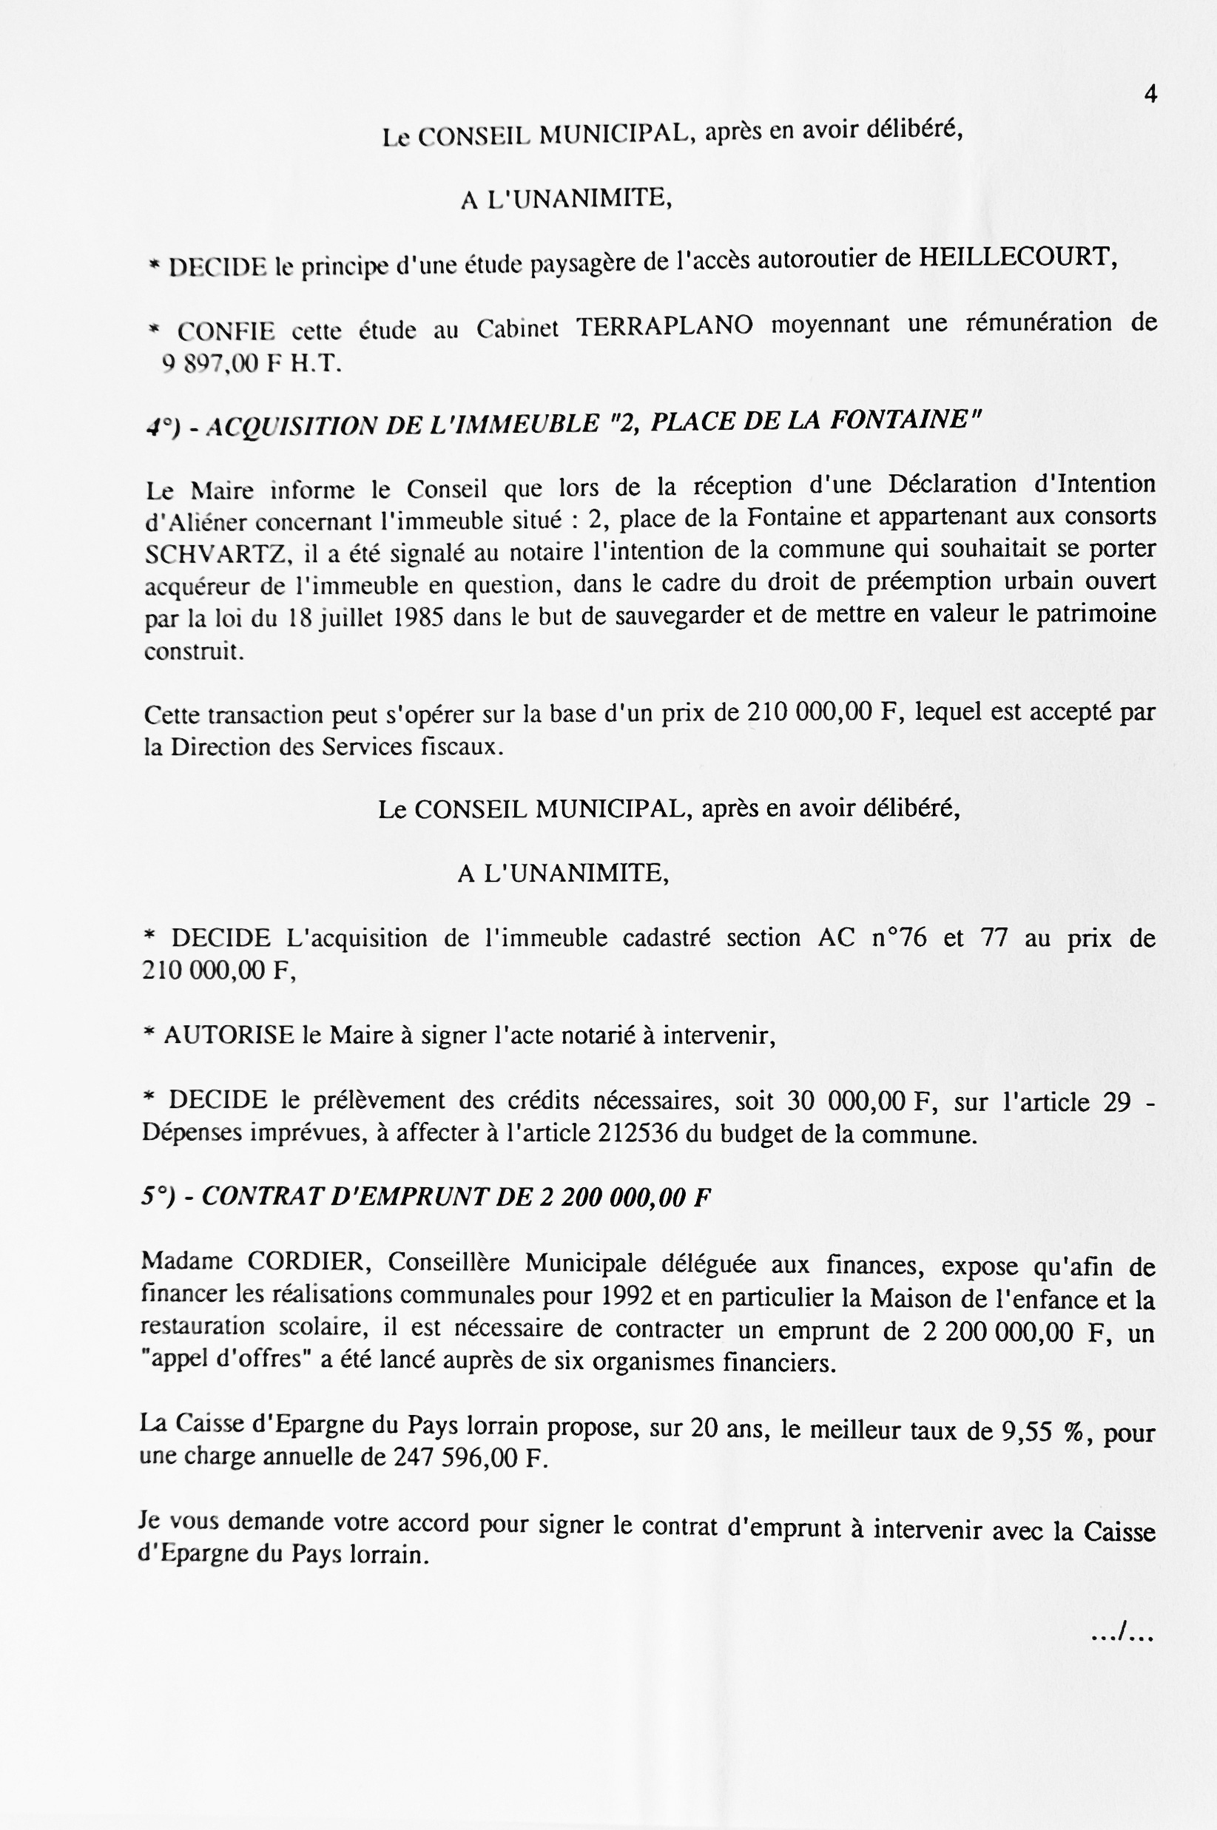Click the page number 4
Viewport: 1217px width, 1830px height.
coord(1150,95)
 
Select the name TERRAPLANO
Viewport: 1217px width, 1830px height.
coord(664,326)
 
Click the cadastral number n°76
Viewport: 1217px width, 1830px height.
coord(899,937)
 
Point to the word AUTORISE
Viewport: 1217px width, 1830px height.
coord(228,1035)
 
